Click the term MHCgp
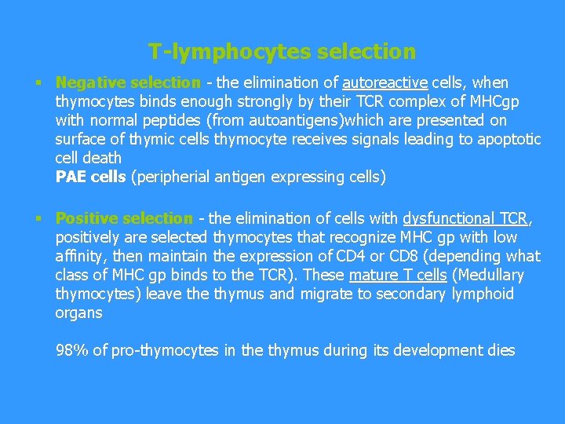[494, 101]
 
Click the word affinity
[84, 256]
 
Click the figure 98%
[72, 350]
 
